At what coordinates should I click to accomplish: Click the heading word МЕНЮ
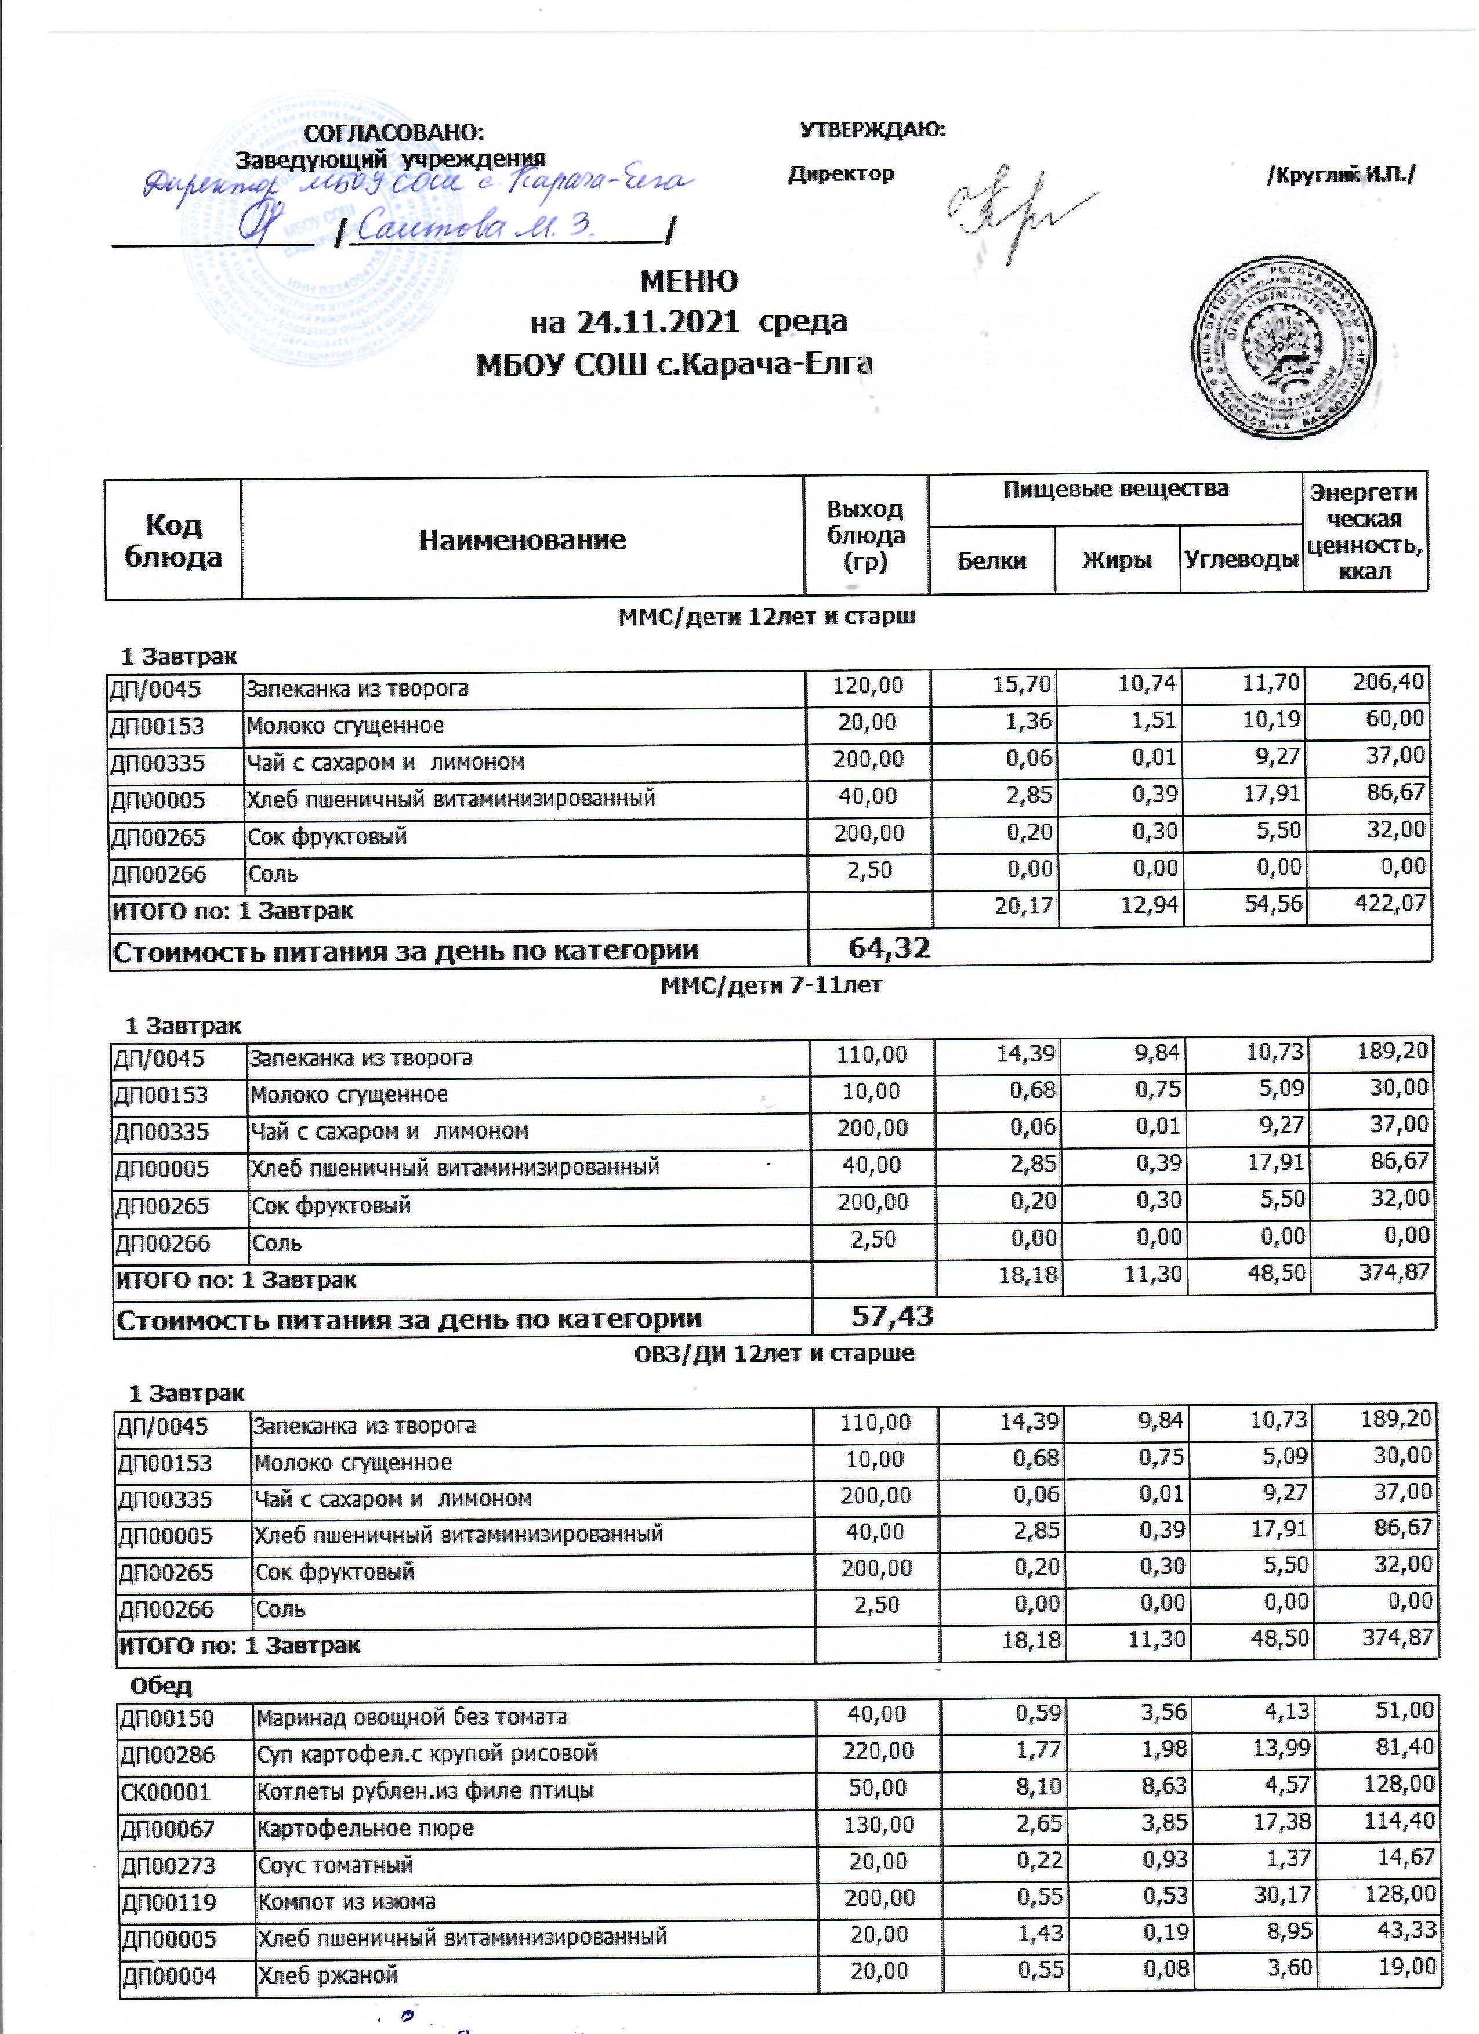pos(689,282)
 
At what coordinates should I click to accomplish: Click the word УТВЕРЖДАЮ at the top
pos(872,130)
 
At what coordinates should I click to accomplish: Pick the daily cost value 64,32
pos(889,948)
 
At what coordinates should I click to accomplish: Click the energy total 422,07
pos(1390,904)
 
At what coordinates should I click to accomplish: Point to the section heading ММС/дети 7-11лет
pos(771,985)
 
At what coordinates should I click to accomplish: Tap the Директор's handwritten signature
pos(1013,211)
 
